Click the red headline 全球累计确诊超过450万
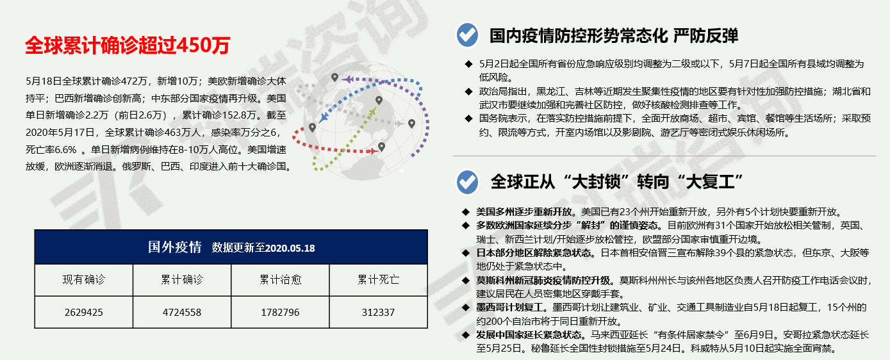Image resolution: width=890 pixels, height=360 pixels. [x=128, y=45]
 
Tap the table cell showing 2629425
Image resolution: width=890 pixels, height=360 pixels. [x=84, y=313]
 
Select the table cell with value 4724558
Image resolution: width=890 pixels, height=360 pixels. [x=182, y=313]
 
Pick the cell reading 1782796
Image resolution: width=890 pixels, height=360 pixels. [x=280, y=313]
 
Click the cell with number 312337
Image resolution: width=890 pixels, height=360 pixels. [x=378, y=313]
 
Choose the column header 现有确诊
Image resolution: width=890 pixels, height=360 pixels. [x=84, y=280]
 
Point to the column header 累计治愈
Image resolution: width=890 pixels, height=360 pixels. [x=280, y=280]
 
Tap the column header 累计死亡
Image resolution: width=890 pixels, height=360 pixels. [x=378, y=280]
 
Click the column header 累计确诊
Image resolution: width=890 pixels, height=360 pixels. [x=182, y=280]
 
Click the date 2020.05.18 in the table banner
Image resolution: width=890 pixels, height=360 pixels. [x=290, y=249]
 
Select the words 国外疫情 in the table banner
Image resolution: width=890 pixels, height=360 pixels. [x=175, y=247]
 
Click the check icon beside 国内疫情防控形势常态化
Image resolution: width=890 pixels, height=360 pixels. [x=467, y=35]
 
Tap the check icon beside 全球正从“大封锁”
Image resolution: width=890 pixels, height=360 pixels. [x=467, y=182]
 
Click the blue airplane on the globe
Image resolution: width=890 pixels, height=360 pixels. [x=324, y=118]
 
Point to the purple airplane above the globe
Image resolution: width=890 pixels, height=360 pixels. [x=347, y=79]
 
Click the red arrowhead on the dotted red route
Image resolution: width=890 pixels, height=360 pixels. [x=374, y=151]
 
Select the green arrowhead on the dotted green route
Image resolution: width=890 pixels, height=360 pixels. [x=373, y=110]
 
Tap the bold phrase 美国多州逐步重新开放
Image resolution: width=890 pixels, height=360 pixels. [x=524, y=212]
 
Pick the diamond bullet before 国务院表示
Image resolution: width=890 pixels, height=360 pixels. [x=469, y=119]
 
